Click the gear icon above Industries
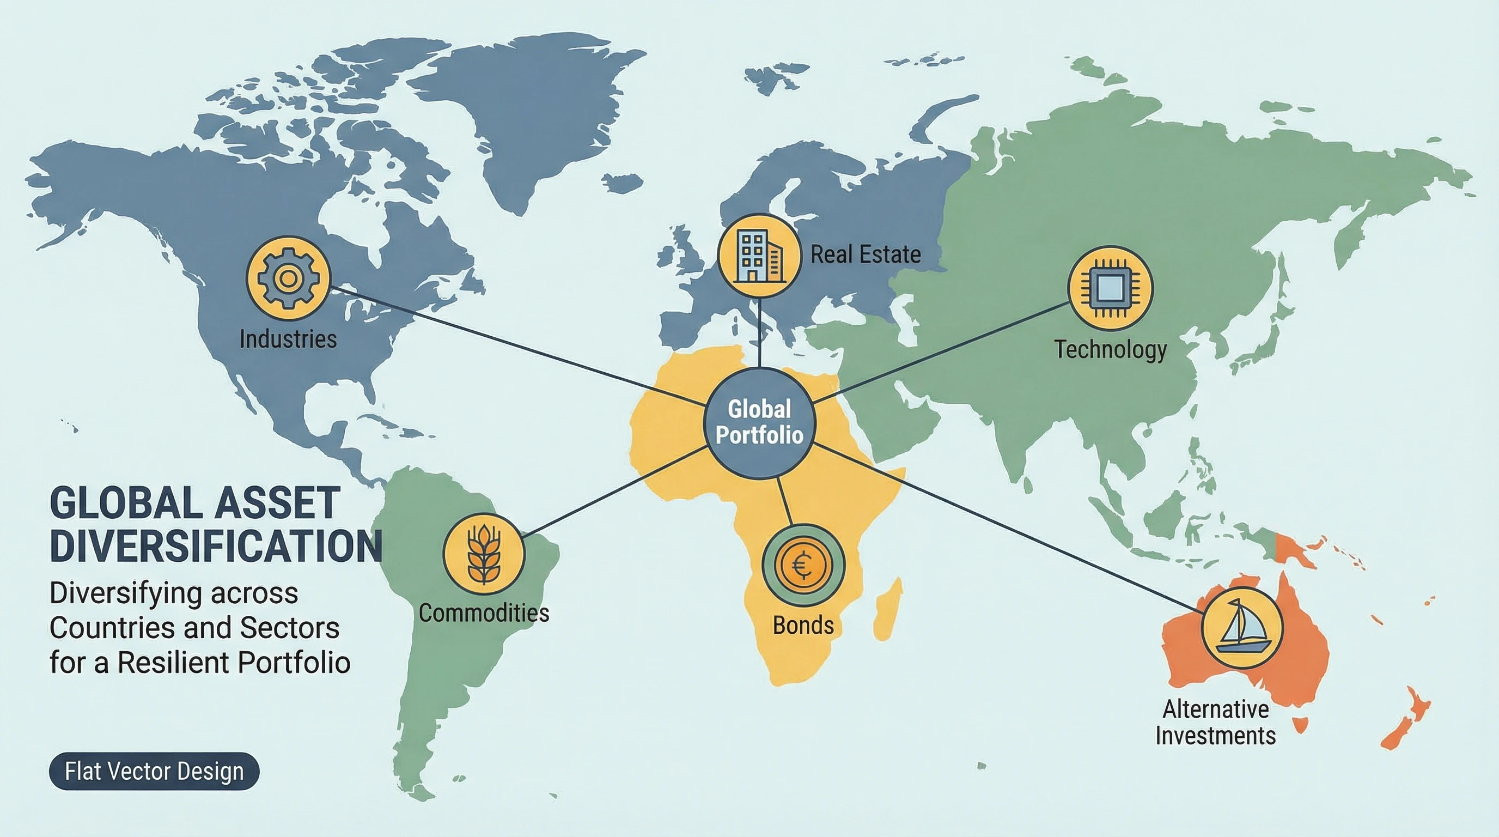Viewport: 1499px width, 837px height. (288, 278)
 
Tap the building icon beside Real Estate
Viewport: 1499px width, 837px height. (759, 256)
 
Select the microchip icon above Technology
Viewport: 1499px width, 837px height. (1110, 288)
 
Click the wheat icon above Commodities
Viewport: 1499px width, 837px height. (484, 554)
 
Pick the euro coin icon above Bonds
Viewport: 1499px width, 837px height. (803, 565)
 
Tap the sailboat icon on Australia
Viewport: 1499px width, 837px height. (1242, 627)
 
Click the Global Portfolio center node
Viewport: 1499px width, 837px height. (759, 422)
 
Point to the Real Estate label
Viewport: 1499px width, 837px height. (866, 255)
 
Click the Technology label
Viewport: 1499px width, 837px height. (1110, 350)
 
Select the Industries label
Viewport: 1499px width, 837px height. (288, 339)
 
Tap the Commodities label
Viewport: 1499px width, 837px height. (484, 613)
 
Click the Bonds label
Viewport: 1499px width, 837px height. (803, 626)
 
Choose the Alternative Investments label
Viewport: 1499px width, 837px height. (1216, 723)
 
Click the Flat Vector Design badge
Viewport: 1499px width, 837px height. (154, 771)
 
